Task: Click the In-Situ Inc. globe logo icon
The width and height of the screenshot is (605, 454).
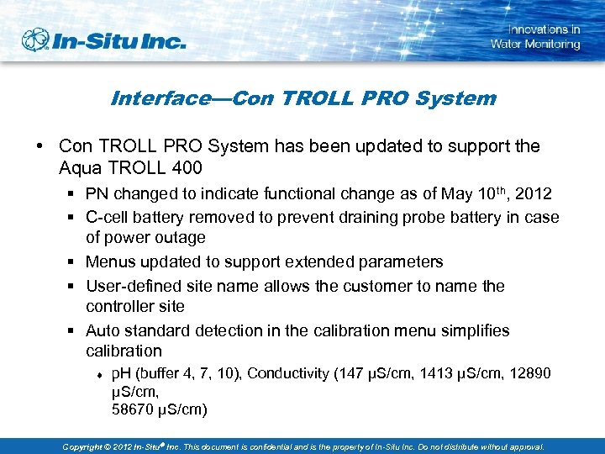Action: point(36,40)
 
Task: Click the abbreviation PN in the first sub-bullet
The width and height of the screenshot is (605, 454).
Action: point(97,194)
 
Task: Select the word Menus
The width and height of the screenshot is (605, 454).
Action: point(111,262)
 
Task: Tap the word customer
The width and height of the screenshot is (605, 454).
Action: point(364,286)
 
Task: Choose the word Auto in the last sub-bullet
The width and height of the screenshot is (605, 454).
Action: point(103,330)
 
